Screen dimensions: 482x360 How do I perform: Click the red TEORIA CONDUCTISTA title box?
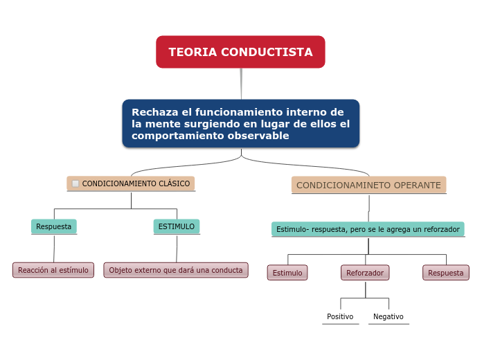[x=240, y=52]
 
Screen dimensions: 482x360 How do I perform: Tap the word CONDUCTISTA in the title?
[x=267, y=52]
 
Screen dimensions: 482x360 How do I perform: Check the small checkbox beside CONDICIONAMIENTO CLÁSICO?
[x=75, y=183]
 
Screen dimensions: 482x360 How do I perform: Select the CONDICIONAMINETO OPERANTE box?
[x=368, y=185]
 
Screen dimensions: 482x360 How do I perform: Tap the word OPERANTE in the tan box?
[x=417, y=185]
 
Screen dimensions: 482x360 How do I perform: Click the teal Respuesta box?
[x=54, y=226]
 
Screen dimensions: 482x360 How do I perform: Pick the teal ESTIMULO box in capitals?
[x=177, y=226]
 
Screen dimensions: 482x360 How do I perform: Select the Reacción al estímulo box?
[x=53, y=270]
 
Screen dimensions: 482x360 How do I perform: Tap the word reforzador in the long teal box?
[x=442, y=229]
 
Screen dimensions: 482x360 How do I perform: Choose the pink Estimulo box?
[x=287, y=273]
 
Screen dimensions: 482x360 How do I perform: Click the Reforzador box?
[x=365, y=273]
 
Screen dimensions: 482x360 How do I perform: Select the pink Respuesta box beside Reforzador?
[x=446, y=273]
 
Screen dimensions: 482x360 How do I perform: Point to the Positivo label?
[x=340, y=316]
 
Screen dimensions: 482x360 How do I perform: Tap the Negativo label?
[x=389, y=316]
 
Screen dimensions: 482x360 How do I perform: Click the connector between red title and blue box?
[x=241, y=84]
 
